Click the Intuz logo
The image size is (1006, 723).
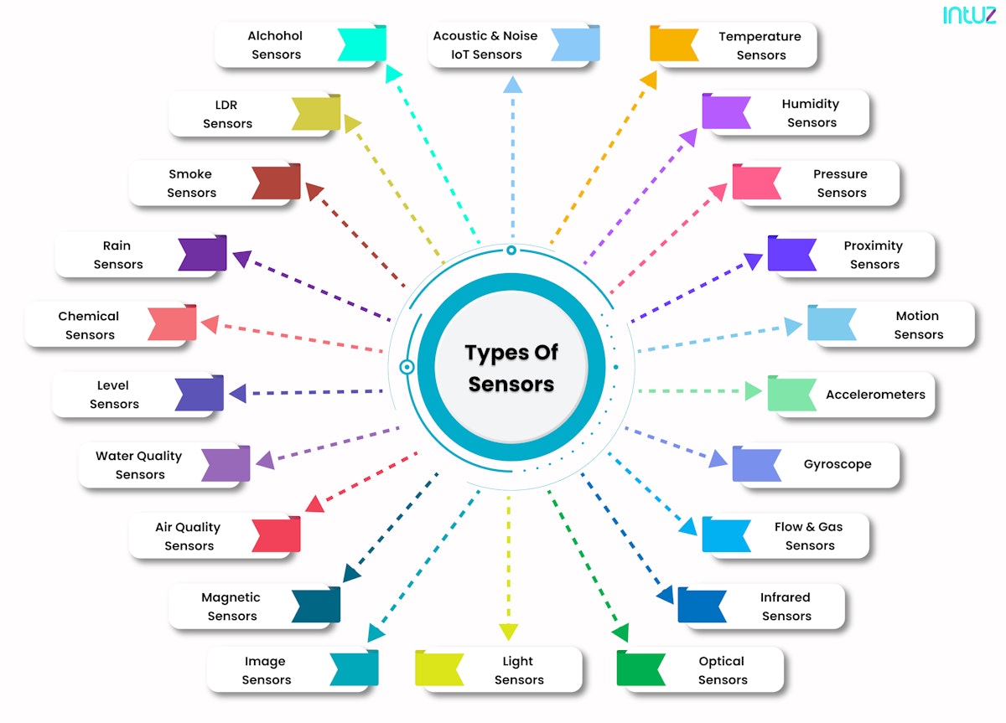(969, 15)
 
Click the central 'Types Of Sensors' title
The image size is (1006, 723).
(511, 368)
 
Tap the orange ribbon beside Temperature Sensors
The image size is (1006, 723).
(674, 44)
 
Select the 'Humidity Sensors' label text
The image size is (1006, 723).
(811, 113)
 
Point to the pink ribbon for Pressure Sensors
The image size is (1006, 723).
(756, 182)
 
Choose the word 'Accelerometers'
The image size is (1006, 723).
(875, 395)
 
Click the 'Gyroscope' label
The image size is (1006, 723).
(837, 464)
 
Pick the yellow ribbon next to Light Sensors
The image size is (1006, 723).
(438, 669)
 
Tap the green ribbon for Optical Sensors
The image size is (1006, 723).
(640, 669)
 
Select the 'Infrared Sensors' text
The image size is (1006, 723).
(786, 607)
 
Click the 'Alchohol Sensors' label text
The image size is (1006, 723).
(275, 45)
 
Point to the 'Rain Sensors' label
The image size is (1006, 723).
(117, 255)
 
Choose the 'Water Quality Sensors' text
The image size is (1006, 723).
(139, 465)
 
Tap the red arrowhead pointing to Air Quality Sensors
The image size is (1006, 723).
(314, 504)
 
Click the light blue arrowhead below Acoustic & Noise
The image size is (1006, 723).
(512, 84)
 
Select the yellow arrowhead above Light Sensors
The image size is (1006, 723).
(508, 632)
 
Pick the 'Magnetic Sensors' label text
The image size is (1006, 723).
(231, 607)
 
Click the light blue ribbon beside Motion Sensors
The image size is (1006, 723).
(831, 323)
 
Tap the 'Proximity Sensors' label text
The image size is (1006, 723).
(874, 255)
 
